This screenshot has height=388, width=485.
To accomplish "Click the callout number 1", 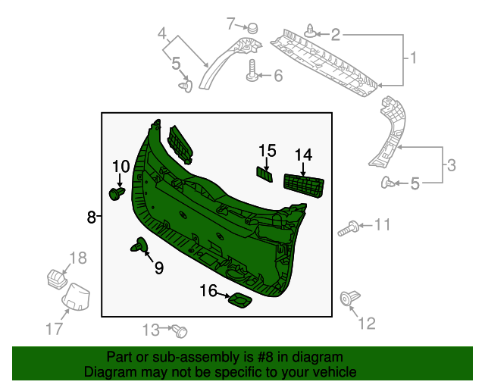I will [x=413, y=58].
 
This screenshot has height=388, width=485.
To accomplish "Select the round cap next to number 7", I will [x=252, y=27].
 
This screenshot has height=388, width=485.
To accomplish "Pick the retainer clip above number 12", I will [x=351, y=299].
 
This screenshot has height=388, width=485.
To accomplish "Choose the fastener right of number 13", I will [x=180, y=330].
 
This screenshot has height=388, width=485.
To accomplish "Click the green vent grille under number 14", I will [x=304, y=185].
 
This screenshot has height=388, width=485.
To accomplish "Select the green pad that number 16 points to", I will [x=241, y=302].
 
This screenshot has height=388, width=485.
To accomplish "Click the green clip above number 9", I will [x=139, y=245].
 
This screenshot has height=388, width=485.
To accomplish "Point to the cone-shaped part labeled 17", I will [x=76, y=296].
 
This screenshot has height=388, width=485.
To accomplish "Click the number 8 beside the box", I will [x=91, y=217].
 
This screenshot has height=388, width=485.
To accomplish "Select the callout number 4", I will [x=161, y=34].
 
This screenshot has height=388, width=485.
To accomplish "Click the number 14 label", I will [x=303, y=155].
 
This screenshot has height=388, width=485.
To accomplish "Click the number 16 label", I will [x=208, y=290].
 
